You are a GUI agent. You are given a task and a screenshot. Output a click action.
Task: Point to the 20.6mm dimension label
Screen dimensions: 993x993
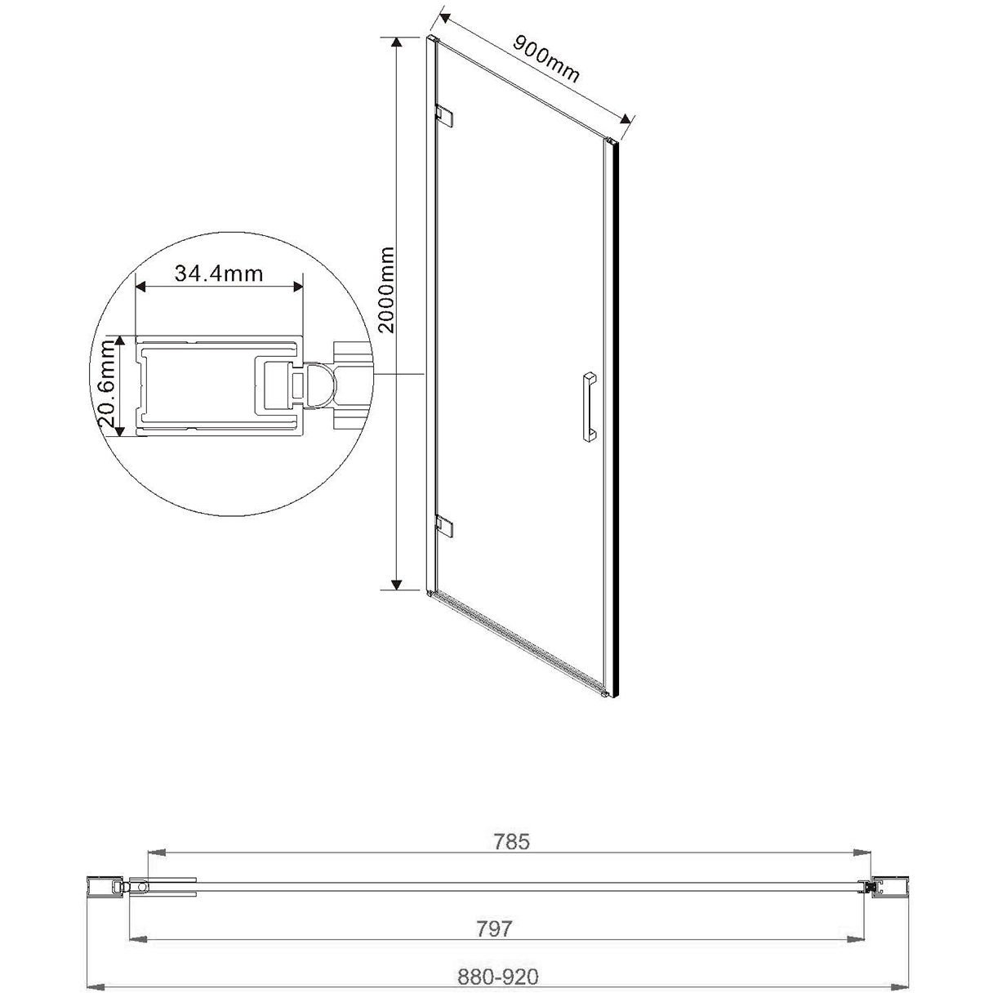(x=107, y=385)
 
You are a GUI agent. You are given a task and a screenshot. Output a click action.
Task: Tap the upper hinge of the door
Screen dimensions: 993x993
(x=445, y=115)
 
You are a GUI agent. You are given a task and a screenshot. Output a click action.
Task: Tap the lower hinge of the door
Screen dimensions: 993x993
(x=445, y=526)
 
